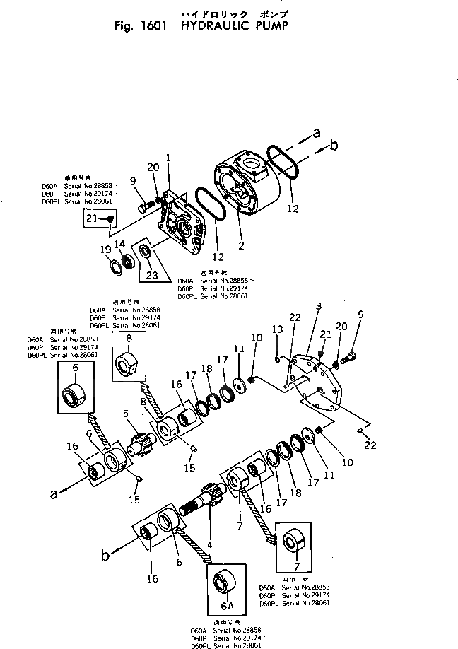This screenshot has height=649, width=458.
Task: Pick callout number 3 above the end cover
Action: [319, 305]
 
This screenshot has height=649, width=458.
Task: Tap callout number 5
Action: [125, 414]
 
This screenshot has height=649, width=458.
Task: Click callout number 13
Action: [277, 329]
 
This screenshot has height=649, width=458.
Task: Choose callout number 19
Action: [104, 249]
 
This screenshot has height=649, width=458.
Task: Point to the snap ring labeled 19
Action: [115, 267]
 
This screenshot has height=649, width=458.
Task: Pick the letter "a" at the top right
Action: [317, 131]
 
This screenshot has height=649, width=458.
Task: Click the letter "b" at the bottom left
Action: [106, 556]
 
